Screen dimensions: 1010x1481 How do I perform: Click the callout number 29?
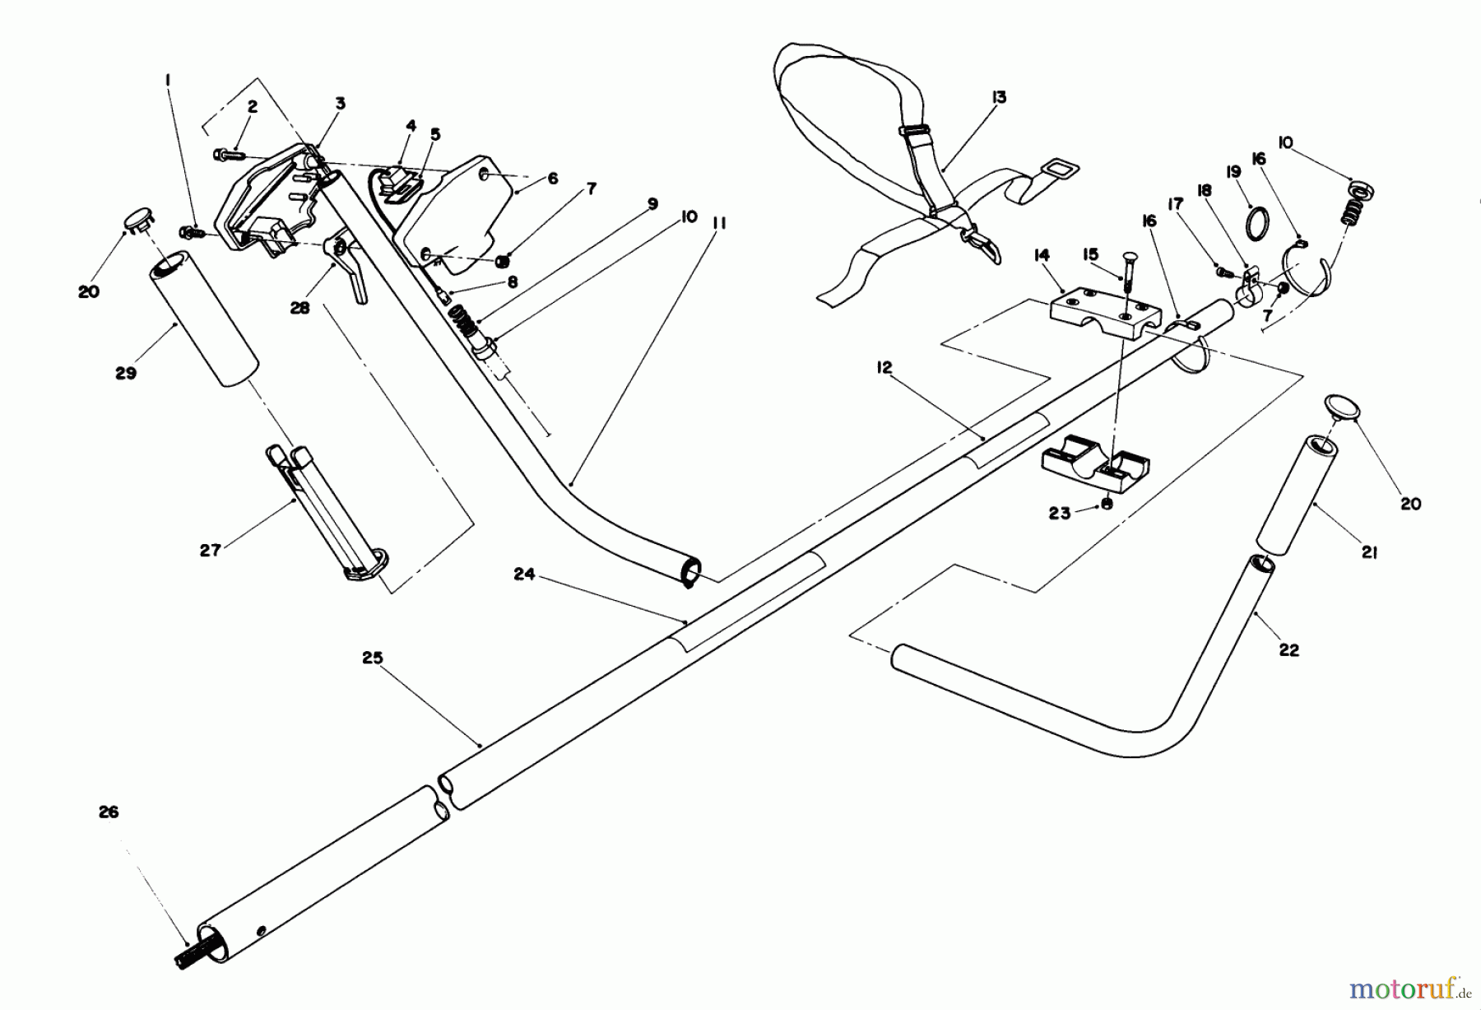125,373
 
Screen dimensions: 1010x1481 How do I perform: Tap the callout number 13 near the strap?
998,98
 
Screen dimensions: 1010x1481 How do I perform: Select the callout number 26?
109,812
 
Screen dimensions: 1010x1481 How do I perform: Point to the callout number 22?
1288,649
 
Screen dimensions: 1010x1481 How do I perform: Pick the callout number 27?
211,549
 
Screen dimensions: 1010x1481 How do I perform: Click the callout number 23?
1060,513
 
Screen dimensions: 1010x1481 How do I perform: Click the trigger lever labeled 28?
350,268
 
